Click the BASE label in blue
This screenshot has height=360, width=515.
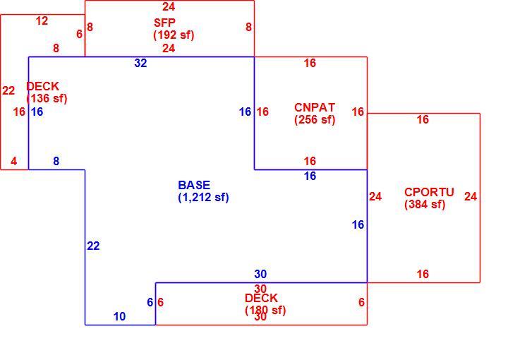click(194, 185)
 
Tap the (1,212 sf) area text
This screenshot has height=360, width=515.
click(203, 197)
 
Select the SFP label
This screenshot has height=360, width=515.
click(164, 23)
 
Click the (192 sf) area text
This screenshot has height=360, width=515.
click(174, 35)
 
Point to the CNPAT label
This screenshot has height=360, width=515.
click(315, 107)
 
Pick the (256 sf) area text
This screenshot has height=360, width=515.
click(315, 119)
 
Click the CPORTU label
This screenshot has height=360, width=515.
click(429, 192)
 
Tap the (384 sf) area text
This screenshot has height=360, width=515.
click(425, 204)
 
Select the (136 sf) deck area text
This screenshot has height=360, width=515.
click(47, 98)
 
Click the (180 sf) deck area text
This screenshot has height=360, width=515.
click(265, 310)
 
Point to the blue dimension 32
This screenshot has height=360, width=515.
click(140, 63)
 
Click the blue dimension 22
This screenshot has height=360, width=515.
click(93, 246)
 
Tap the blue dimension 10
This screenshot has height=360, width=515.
click(119, 316)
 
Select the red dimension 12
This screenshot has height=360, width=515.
click(42, 21)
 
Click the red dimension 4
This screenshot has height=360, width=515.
click(13, 161)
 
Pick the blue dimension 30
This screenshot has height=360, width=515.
click(260, 274)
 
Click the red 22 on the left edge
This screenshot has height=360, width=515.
click(8, 90)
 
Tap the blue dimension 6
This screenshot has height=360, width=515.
click(150, 302)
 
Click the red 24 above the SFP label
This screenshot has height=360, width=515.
click(169, 6)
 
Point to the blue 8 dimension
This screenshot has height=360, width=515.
click(56, 161)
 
